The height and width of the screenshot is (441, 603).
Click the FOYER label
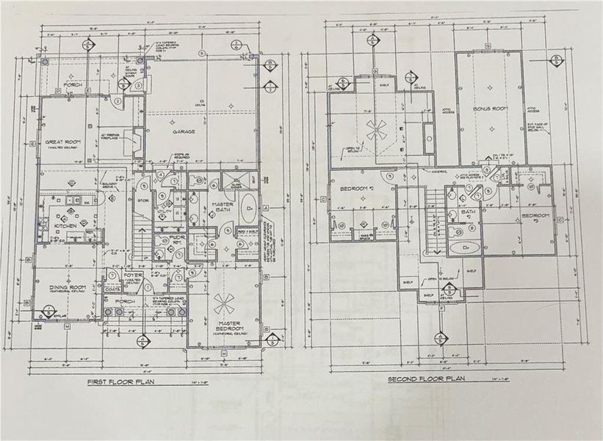click(x=132, y=276)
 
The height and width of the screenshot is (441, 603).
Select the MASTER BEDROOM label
click(x=230, y=326)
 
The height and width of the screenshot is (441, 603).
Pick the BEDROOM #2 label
click(x=357, y=190)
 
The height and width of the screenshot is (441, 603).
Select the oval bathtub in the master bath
click(x=248, y=204)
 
